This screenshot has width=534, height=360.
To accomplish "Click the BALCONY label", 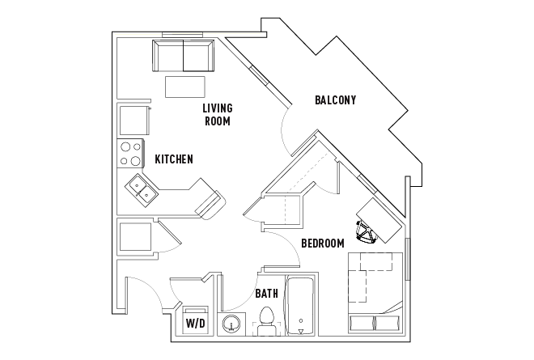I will point(336,100).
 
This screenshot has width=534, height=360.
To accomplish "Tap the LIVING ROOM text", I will point(218,115).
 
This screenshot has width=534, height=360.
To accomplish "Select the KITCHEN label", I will point(174,159).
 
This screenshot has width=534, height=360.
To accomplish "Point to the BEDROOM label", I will point(323,243).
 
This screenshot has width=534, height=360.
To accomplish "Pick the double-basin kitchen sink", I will point(142,192).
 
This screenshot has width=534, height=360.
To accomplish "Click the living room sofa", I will point(183,56).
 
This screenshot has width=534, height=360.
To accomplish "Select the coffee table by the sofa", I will point(185,86).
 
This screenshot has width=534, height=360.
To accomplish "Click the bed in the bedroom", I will point(375,291).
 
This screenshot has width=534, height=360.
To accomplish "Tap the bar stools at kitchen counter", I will point(211,203).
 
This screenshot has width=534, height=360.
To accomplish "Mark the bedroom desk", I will point(381,219).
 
